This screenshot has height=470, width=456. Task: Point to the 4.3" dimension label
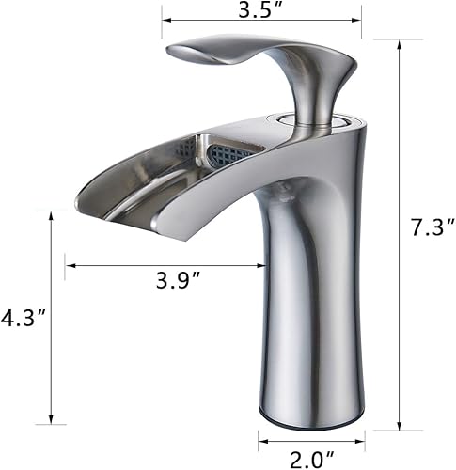(x=21, y=319)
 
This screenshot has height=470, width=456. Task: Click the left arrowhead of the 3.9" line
(x=69, y=266)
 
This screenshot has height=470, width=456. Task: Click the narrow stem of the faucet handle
(x=309, y=99)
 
